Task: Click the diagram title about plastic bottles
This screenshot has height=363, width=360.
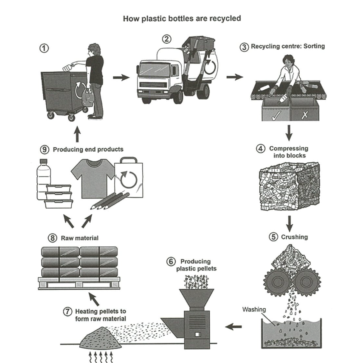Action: [x=182, y=19]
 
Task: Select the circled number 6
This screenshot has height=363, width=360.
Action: [x=171, y=262]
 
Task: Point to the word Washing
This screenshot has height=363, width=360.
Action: [x=253, y=309]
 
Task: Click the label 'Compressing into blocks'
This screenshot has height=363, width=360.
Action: [x=288, y=152]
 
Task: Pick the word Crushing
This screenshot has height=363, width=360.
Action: [x=294, y=237]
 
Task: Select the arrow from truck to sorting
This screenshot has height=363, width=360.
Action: [x=234, y=77]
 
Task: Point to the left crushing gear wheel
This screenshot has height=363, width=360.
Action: [x=276, y=280]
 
